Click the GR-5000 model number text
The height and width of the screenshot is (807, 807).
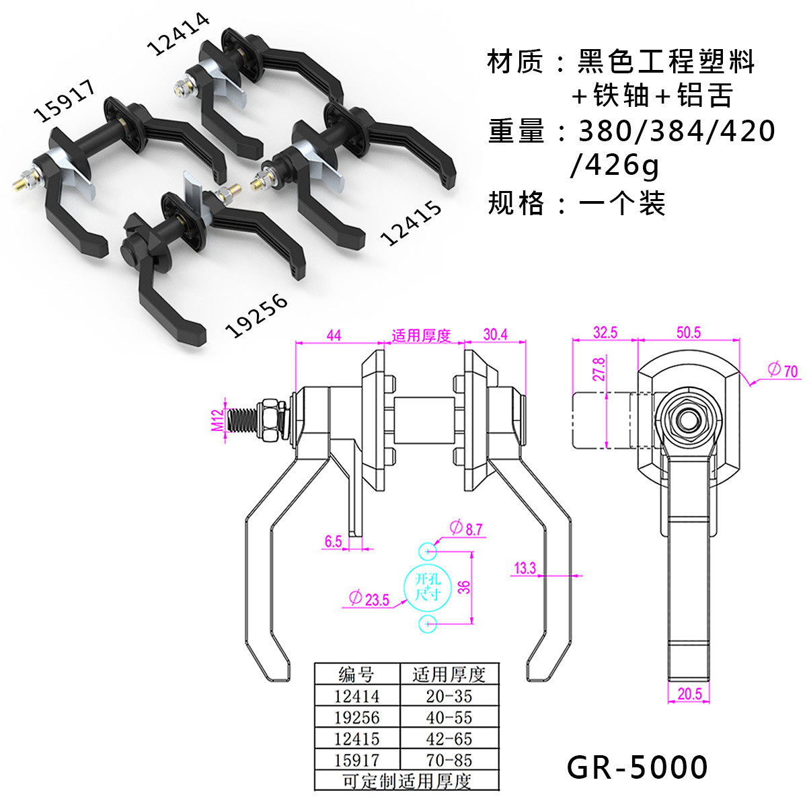tap(637, 767)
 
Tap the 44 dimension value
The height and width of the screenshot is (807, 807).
tap(334, 336)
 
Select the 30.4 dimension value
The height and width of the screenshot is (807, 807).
tap(496, 335)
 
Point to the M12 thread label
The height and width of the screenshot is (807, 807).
tap(218, 420)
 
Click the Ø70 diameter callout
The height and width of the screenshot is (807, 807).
tap(783, 370)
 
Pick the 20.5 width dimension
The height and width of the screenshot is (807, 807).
tap(690, 694)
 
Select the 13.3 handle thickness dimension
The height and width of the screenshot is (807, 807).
tap(525, 568)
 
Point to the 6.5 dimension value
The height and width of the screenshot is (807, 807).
tap(334, 541)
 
